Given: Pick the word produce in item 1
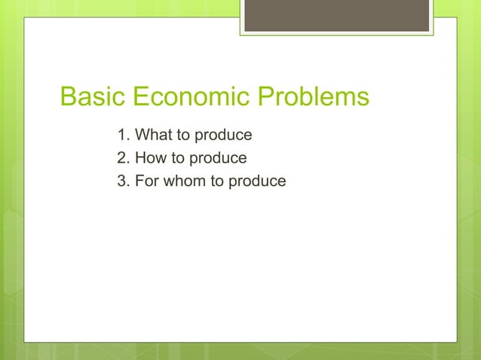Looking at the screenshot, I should [224, 136].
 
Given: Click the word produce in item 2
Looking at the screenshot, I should [219, 159].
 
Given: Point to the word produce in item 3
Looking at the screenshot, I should [259, 182].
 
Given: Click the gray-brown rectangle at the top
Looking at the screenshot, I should [336, 15].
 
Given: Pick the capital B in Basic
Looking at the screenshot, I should [67, 98].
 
